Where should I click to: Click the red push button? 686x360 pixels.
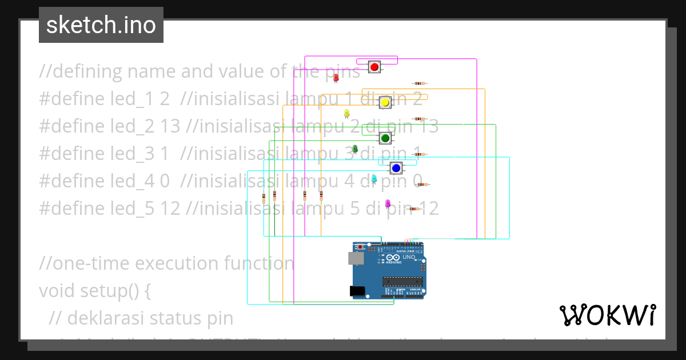(x=374, y=67)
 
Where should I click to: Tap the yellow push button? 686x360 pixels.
(x=385, y=103)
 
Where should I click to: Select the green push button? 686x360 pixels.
(x=385, y=138)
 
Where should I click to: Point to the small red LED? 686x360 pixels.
(x=336, y=77)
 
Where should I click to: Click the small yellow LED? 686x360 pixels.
(x=346, y=113)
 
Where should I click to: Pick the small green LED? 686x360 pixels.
(x=354, y=149)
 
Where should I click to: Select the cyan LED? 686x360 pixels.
(x=374, y=179)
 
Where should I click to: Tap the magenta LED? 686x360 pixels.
(x=388, y=203)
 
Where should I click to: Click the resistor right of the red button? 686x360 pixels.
(x=420, y=83)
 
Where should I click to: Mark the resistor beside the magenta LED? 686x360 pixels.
(x=414, y=209)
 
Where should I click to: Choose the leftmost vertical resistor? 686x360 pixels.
(x=264, y=198)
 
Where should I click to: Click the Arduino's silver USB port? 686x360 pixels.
(x=356, y=258)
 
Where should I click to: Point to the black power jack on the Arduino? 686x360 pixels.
(x=358, y=290)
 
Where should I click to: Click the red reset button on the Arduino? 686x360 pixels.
(x=361, y=247)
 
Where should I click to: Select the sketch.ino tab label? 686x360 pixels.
(x=101, y=25)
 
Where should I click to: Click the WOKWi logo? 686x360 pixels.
(x=607, y=315)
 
